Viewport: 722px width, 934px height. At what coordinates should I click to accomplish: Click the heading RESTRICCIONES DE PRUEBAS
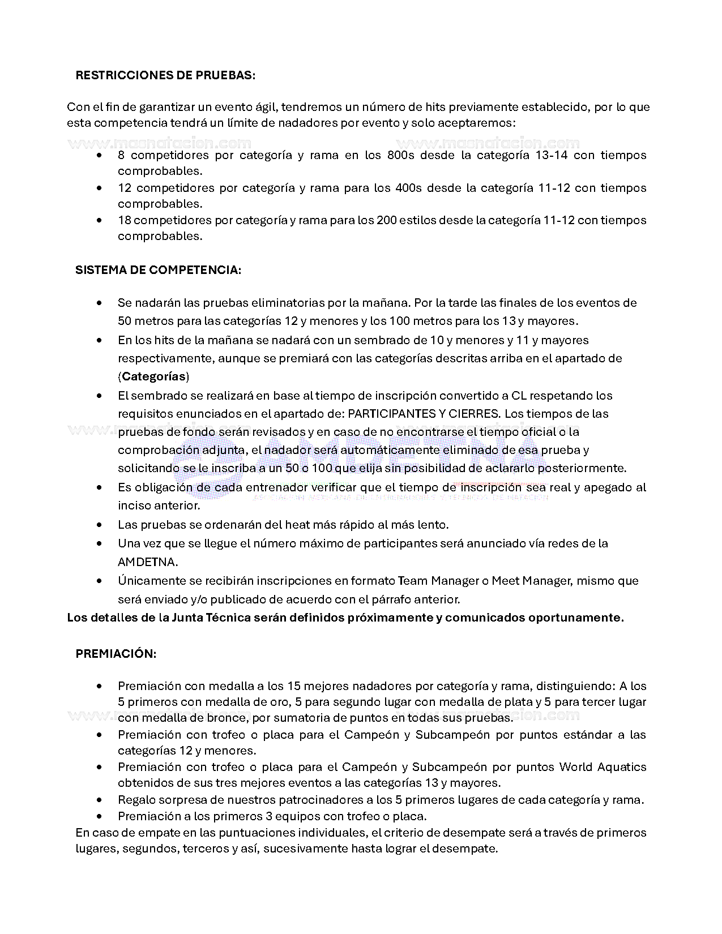[165, 75]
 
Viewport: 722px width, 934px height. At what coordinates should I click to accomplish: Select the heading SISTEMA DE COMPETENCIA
[159, 270]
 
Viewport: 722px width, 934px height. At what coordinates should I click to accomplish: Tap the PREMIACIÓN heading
[116, 654]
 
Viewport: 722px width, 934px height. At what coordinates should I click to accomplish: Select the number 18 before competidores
[124, 220]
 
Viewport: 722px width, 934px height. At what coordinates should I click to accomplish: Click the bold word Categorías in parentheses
[154, 376]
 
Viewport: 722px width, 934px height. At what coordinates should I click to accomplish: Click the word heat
[283, 525]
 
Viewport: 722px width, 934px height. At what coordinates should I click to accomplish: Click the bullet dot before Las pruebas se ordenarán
[100, 525]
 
